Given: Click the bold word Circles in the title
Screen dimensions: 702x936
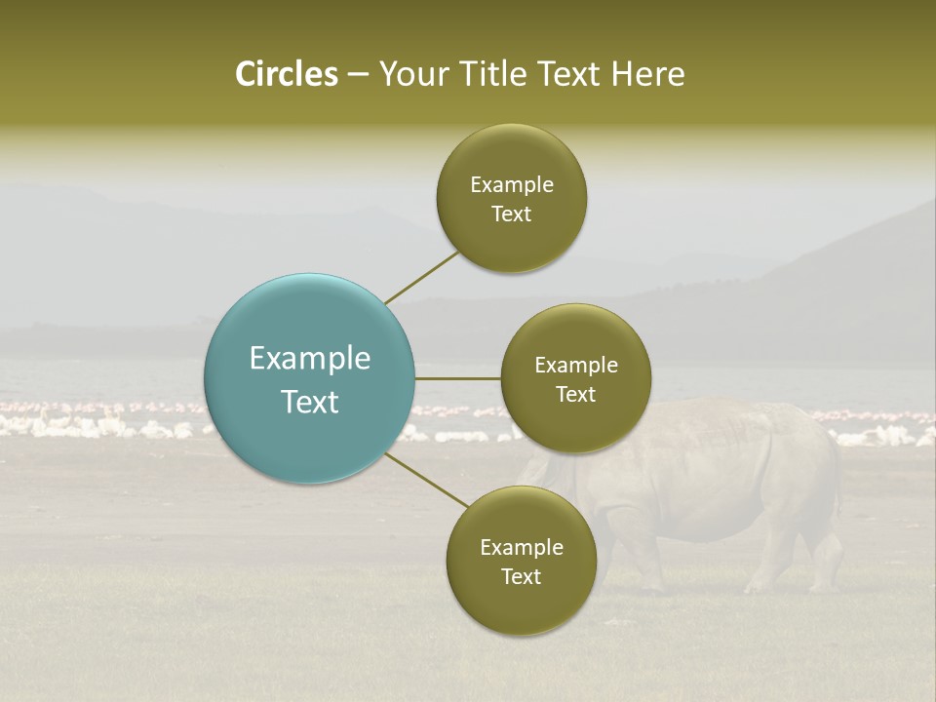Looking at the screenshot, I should (286, 74).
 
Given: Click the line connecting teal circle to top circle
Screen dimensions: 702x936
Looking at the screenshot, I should (421, 277).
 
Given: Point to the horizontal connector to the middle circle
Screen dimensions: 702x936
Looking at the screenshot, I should (457, 378).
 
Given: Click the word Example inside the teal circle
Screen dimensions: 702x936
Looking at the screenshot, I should (310, 359).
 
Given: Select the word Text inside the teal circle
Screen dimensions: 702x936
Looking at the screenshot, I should (310, 402).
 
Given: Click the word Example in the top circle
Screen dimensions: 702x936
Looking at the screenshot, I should (512, 185).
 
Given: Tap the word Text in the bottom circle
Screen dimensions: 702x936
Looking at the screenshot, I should (521, 577).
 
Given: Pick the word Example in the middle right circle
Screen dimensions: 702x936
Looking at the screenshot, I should (576, 366).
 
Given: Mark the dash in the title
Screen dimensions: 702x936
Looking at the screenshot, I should (358, 74).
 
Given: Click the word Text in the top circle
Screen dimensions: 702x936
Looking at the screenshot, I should (511, 214).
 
